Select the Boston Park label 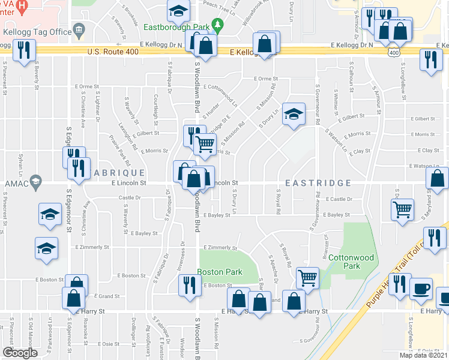click(x=220, y=272)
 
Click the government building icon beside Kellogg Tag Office click(x=79, y=31)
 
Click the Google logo click(x=20, y=352)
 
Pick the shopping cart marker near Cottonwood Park click(x=307, y=278)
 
